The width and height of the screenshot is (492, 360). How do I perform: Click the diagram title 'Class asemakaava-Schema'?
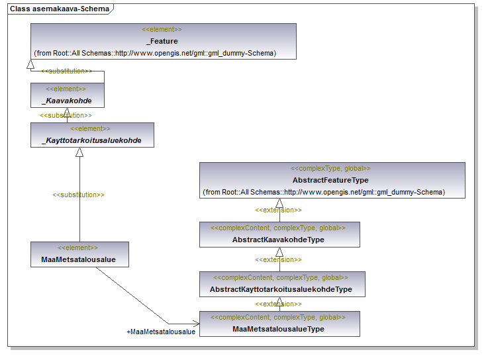click(60, 9)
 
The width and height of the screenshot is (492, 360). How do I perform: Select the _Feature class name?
click(162, 41)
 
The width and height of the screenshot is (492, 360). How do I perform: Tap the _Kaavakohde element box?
click(68, 95)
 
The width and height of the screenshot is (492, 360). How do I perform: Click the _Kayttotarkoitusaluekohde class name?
click(91, 140)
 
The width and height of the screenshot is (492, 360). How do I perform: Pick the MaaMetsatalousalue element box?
click(79, 254)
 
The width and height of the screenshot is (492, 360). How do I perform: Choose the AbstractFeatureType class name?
click(330, 180)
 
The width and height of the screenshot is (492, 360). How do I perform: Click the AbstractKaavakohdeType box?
click(279, 234)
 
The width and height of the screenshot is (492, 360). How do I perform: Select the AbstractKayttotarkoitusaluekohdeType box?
click(282, 284)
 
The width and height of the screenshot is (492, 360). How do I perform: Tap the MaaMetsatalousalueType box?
click(279, 324)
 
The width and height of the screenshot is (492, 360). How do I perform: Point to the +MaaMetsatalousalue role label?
click(161, 332)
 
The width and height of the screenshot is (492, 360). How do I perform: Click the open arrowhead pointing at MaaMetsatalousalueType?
click(196, 324)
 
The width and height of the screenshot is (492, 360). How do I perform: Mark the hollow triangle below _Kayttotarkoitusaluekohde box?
click(79, 152)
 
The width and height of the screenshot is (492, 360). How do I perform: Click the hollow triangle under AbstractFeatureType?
click(279, 203)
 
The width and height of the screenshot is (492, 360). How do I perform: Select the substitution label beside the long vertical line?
click(78, 195)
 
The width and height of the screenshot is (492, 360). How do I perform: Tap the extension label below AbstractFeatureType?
click(278, 210)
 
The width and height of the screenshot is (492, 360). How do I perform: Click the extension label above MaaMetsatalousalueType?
click(278, 304)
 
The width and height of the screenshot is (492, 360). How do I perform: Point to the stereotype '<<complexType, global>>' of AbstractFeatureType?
click(330, 168)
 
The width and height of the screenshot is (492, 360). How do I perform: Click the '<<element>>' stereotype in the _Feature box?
click(162, 30)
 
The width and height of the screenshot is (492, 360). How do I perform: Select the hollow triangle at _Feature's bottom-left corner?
click(30, 64)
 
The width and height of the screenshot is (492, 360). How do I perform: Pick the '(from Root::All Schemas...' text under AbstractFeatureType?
click(324, 192)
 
